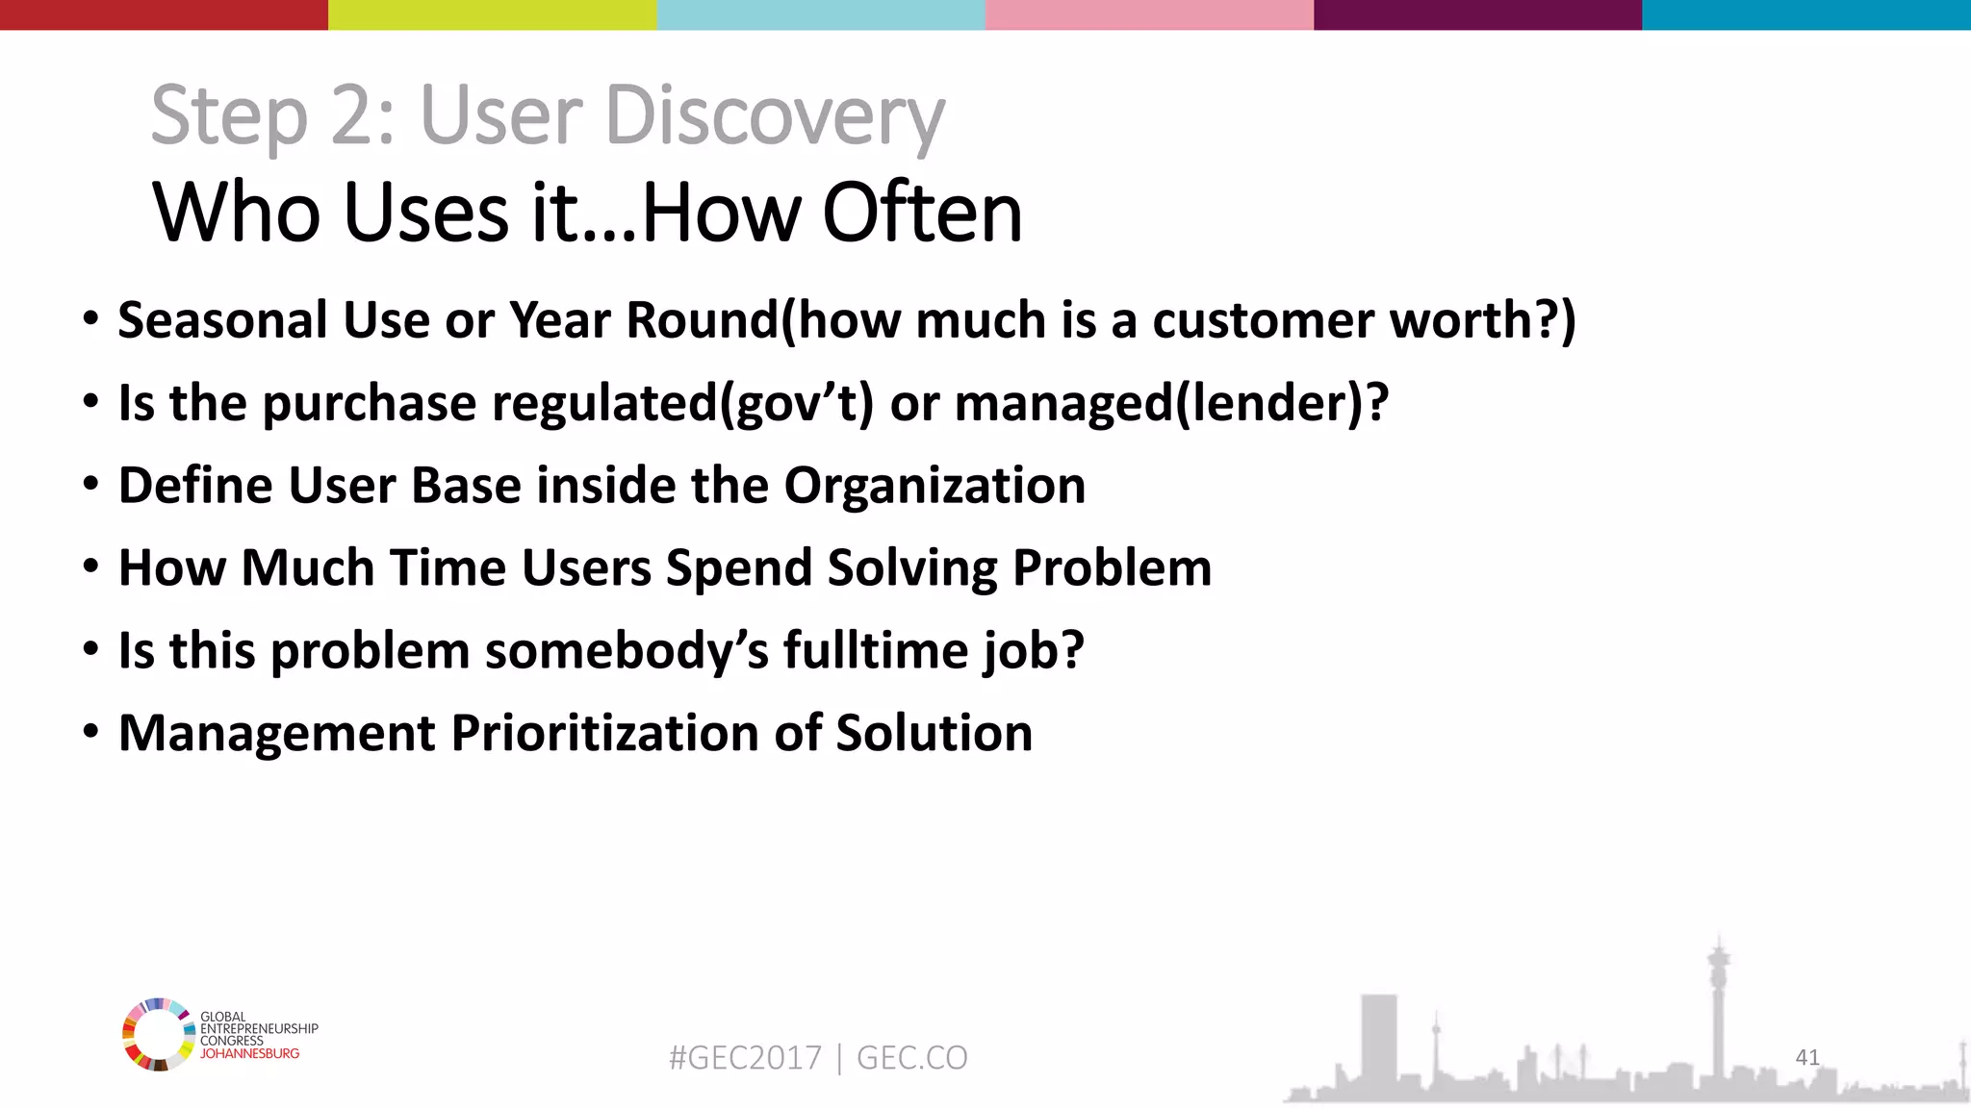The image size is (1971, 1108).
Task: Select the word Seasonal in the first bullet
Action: [x=222, y=320]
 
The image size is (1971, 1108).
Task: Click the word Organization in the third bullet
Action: [x=934, y=485]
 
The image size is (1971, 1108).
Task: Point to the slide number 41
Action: [x=1807, y=1057]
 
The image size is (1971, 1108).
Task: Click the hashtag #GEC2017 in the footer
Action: [x=745, y=1058]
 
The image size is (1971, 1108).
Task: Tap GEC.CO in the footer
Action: [x=911, y=1058]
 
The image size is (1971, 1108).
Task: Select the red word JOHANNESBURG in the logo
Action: [x=249, y=1053]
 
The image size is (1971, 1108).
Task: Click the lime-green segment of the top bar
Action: [x=492, y=14]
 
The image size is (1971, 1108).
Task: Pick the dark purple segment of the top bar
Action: [x=1477, y=14]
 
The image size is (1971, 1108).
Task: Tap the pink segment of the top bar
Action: [x=1149, y=14]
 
